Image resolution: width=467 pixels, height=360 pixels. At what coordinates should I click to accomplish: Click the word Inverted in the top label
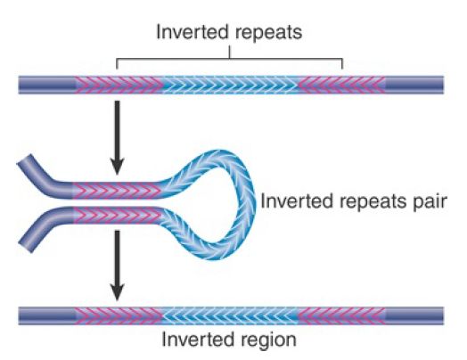tap(193, 31)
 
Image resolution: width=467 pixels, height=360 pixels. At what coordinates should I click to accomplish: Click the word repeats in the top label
tap(268, 33)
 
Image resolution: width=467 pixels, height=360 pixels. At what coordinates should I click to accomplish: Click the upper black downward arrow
tap(118, 137)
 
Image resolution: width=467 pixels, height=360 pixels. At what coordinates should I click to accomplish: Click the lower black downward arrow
tap(118, 266)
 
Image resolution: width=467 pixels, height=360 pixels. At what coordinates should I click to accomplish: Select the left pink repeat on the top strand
tap(119, 86)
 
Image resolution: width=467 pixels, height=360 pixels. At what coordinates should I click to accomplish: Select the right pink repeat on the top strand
tap(341, 86)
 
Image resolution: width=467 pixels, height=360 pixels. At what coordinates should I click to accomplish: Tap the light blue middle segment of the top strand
tap(230, 86)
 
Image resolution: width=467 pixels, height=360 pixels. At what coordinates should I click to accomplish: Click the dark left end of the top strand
tap(46, 86)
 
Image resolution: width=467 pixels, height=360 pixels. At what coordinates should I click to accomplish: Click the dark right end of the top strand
tap(414, 86)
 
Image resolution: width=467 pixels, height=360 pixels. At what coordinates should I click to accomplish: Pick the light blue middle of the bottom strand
tap(230, 316)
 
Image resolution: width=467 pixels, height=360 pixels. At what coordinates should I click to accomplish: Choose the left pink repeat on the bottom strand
tap(119, 316)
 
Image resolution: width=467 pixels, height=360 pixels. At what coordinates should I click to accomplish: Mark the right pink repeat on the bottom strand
tap(341, 316)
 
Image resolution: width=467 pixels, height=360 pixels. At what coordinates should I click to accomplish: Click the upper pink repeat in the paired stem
tap(116, 190)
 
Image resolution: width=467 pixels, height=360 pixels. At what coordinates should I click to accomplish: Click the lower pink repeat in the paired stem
tap(117, 216)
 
